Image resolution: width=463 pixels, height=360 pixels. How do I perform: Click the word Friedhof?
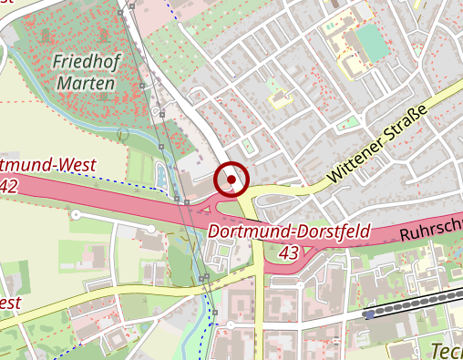point(85,63)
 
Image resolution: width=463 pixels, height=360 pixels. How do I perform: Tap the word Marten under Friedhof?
point(86,84)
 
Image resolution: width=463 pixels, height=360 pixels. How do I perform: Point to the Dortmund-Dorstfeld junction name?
point(289,231)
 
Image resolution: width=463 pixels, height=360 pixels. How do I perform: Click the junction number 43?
point(290,251)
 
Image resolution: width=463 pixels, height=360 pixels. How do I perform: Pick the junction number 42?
point(9,185)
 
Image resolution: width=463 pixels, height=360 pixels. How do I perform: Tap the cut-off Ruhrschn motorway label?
point(430,231)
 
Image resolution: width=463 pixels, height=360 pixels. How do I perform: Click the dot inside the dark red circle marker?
point(231,180)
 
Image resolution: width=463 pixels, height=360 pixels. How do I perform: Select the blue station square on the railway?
point(366,314)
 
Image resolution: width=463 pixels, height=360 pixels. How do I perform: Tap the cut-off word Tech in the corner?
point(446,350)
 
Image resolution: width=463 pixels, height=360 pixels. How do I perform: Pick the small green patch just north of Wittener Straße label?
point(350,122)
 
